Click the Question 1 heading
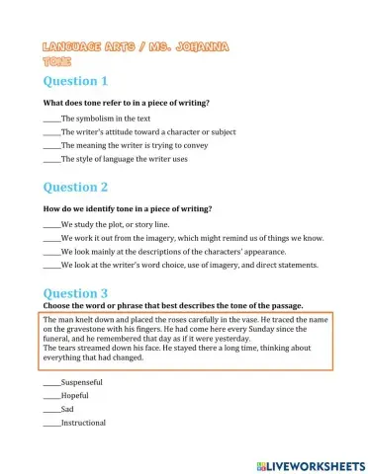tap(74, 81)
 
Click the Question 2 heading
tap(74, 187)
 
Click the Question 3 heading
tap(74, 292)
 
